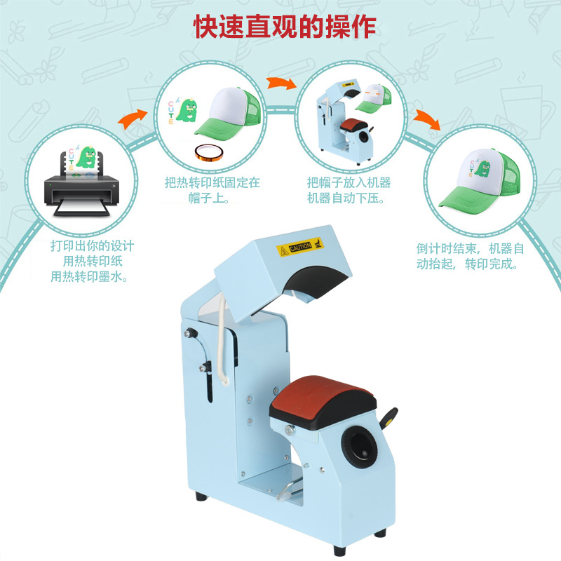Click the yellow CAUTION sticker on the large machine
[295, 248]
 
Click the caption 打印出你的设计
[93, 246]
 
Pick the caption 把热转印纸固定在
[212, 182]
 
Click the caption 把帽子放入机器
[349, 182]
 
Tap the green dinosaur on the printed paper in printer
[88, 158]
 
